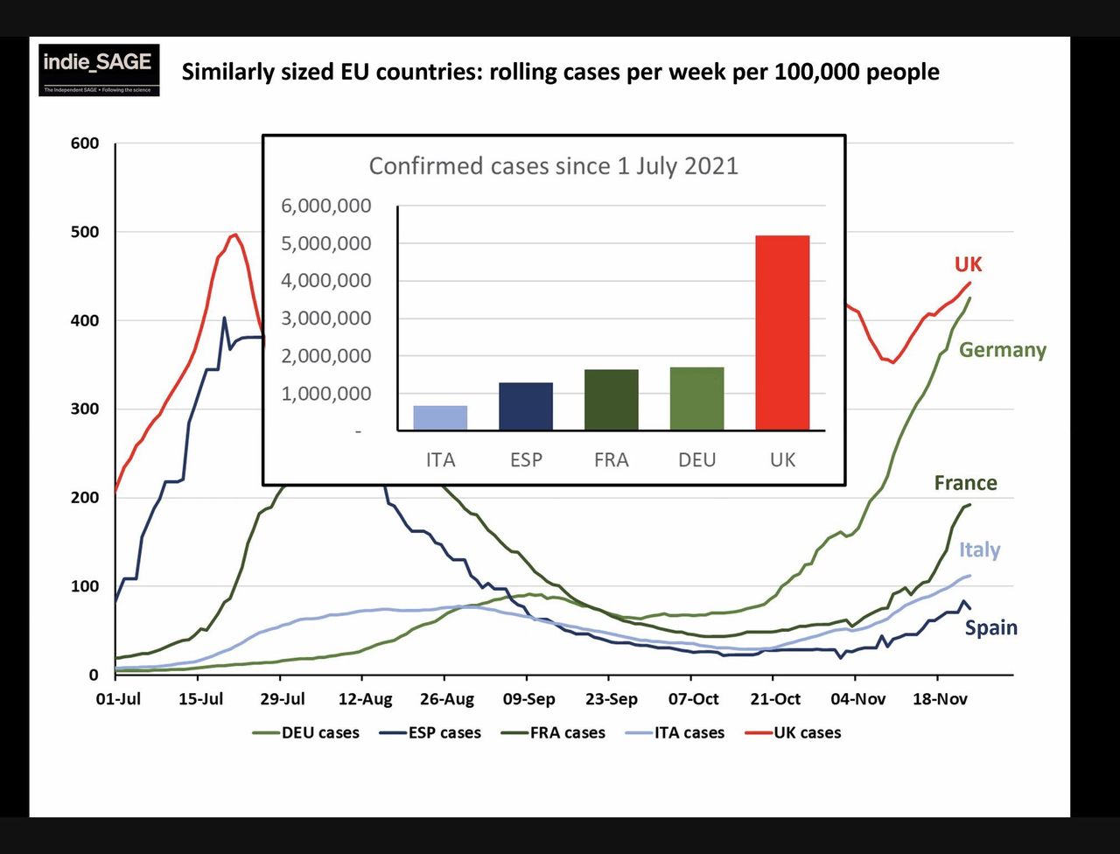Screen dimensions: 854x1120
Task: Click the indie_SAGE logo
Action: pos(99,69)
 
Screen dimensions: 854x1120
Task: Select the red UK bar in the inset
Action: pos(782,332)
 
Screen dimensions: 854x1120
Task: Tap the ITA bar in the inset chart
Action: pos(440,417)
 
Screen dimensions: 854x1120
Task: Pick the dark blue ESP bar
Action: pos(526,406)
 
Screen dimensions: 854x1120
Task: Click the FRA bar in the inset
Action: pos(611,400)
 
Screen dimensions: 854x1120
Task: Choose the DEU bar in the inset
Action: pos(696,398)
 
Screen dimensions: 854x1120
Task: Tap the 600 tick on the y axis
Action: pos(85,143)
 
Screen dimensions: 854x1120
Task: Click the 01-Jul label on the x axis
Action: pos(117,700)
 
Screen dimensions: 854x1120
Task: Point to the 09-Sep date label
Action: pos(528,700)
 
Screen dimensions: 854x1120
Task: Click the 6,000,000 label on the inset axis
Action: pos(325,206)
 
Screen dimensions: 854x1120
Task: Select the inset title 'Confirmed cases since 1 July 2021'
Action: pos(553,166)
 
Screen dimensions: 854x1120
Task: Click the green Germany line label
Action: pos(1002,350)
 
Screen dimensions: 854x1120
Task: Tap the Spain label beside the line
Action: pos(990,627)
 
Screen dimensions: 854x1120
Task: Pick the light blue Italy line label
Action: pos(979,549)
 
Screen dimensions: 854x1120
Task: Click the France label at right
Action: pos(965,483)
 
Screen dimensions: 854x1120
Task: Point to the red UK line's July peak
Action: pos(234,234)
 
